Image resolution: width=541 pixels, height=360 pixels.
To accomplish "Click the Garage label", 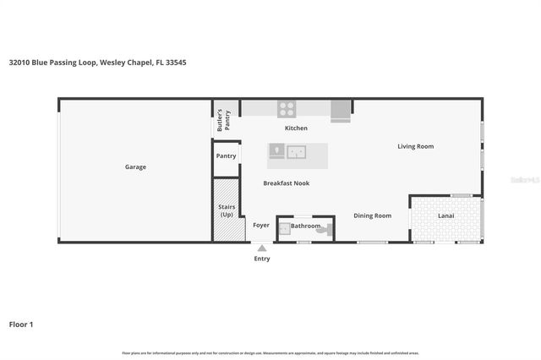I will [x=135, y=167].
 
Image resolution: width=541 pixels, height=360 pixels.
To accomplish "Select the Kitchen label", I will [x=296, y=128].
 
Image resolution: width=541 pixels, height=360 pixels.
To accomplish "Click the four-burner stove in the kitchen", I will [x=287, y=108].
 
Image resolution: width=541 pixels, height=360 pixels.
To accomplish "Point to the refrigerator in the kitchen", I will [x=341, y=110].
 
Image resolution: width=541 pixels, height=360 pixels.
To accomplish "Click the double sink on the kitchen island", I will [x=296, y=152].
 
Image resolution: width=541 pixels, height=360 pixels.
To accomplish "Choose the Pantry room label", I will [x=226, y=156].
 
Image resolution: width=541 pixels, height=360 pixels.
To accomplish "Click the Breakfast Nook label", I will [x=285, y=183].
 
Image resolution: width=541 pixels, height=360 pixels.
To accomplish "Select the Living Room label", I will [x=415, y=147].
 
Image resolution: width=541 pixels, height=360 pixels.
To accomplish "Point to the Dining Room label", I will [x=372, y=216].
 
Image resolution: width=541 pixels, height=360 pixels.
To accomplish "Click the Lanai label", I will [x=446, y=216].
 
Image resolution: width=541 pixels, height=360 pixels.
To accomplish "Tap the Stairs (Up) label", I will [x=226, y=211].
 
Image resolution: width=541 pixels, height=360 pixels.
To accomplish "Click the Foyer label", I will [x=261, y=226].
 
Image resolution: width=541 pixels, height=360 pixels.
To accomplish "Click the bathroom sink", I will [x=284, y=228].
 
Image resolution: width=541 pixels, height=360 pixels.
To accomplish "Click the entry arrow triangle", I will [x=262, y=248].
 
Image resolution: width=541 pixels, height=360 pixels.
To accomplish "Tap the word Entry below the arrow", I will [x=262, y=259].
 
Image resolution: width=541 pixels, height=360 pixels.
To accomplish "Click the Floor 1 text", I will [x=21, y=324].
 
